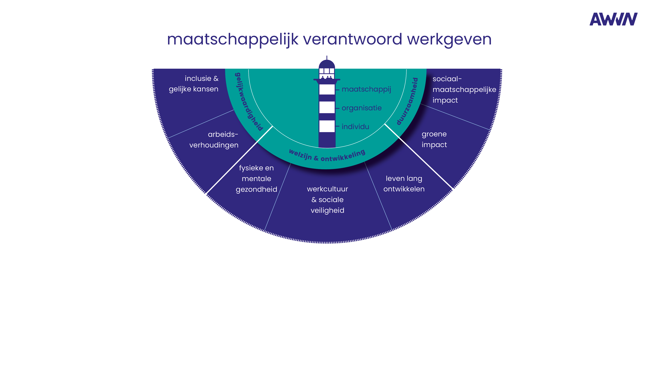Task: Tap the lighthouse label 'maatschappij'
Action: coord(366,89)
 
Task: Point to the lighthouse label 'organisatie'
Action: coord(361,108)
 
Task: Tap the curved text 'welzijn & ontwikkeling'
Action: coord(327,156)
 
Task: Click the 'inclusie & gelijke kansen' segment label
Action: coord(194,83)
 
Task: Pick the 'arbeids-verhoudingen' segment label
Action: coord(214,140)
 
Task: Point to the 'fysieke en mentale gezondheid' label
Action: coord(256,178)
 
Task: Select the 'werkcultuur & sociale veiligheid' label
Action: coord(327,200)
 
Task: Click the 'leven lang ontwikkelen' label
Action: coord(404,183)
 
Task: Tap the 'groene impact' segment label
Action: coord(434,139)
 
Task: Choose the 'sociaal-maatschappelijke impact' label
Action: coord(464,89)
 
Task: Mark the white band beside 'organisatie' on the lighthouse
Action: coord(327,107)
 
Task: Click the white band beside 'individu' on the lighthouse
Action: coord(327,126)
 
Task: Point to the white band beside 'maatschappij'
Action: coord(327,89)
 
